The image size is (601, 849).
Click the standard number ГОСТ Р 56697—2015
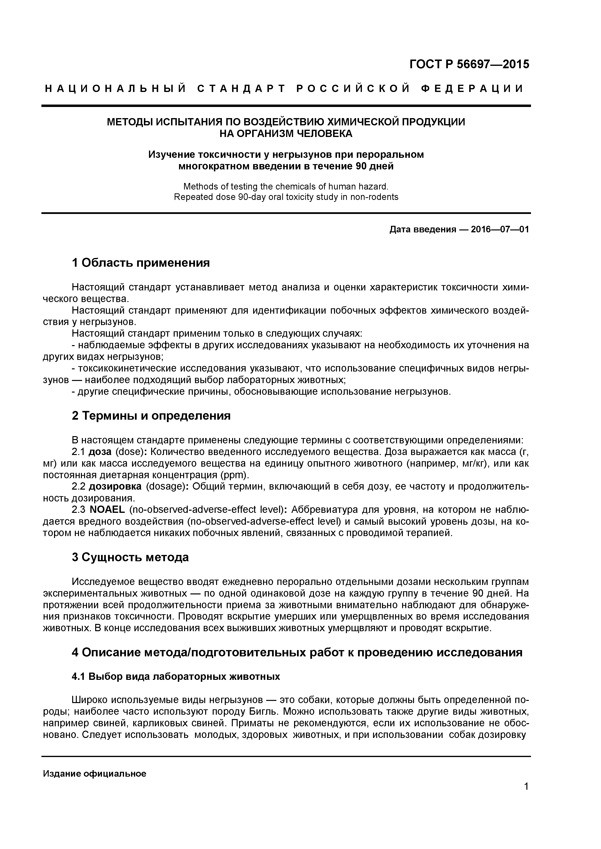469,64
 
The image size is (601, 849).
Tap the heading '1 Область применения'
141,263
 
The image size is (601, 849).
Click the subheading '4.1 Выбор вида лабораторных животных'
176,677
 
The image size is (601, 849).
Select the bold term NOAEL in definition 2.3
108,509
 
